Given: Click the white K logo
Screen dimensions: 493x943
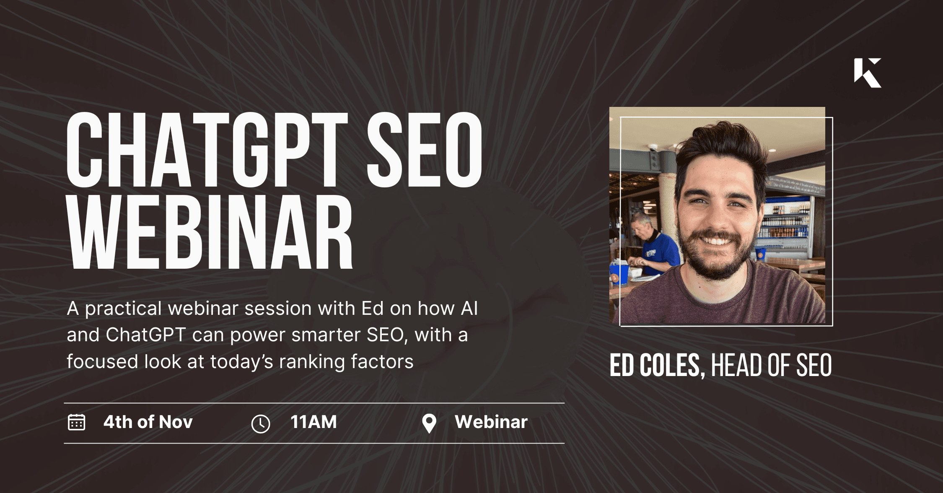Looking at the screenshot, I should click(x=867, y=73).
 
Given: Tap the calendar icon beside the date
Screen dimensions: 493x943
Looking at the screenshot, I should click(x=76, y=422).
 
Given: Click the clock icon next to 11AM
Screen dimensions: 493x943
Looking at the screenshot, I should click(x=260, y=424).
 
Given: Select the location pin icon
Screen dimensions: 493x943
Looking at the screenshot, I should click(x=429, y=423).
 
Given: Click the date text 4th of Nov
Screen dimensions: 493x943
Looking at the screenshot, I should click(x=148, y=422).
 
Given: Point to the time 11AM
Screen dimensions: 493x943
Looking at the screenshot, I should click(x=313, y=422).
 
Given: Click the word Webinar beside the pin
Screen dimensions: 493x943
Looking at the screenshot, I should click(x=491, y=422).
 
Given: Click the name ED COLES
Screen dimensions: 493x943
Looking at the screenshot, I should click(x=654, y=365).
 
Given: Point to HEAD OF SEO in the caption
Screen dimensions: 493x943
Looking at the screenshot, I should click(x=771, y=365).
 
